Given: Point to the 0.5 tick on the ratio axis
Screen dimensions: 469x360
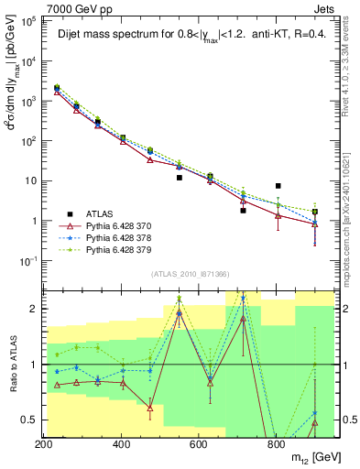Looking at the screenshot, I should click(31, 420).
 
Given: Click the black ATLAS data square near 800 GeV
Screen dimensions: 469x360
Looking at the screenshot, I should click(278, 186).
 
